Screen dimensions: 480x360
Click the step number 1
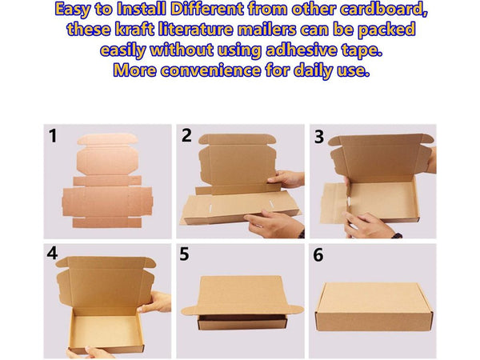pos(53,136)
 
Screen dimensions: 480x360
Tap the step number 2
pos(186,135)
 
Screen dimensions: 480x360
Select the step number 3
pos(319,137)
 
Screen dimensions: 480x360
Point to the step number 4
pos(52,253)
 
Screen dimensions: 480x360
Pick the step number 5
pos(184,254)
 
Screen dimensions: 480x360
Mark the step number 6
pos(318,254)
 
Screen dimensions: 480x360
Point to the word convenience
pos(210,70)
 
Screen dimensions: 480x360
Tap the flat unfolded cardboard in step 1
pos(107,182)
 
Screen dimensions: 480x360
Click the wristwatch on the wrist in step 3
pos(397,236)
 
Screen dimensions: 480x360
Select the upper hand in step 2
pos(286,179)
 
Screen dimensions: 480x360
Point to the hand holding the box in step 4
pos(155,302)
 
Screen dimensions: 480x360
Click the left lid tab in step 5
pos(190,310)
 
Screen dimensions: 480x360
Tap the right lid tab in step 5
pos(295,310)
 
